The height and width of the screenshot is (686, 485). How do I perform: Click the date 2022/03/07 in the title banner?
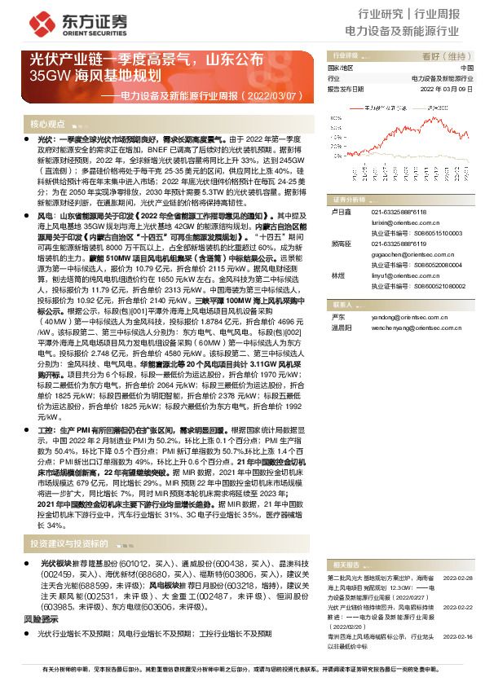click(x=264, y=95)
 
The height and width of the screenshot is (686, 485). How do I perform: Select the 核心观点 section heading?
click(x=48, y=124)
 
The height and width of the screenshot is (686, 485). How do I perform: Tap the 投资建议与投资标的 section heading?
click(x=68, y=543)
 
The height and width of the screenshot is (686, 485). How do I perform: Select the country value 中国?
click(x=466, y=68)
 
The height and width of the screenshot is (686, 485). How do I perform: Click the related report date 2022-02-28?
click(x=459, y=577)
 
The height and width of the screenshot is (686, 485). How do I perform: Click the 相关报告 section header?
click(x=347, y=564)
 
